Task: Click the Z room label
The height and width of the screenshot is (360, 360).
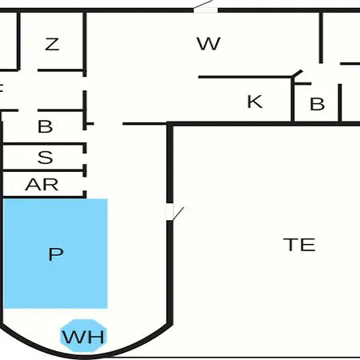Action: point(52,44)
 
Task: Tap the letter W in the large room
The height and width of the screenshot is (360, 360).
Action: point(209,43)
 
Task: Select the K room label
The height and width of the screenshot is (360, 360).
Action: point(255,102)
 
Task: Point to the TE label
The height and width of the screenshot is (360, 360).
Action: point(299,245)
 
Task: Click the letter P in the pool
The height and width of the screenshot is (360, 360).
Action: point(56,254)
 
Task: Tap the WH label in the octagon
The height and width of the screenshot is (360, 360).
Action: point(83,337)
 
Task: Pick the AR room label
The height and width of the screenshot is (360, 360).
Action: point(42,185)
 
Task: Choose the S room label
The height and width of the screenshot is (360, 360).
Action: point(45,158)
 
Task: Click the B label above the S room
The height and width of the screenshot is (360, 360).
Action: point(45,126)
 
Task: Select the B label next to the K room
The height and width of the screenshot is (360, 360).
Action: point(318,104)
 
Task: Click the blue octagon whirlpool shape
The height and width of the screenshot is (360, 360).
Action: point(83,335)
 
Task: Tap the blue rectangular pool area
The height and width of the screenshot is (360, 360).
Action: point(55,254)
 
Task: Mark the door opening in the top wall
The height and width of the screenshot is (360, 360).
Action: point(206,10)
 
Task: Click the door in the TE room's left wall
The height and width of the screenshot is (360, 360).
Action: point(170,212)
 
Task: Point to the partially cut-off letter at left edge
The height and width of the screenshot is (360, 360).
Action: point(1,88)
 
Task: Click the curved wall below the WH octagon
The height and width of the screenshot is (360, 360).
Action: point(86,355)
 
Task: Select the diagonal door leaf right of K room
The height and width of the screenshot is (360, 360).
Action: point(298,74)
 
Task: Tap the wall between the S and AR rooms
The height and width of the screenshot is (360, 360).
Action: point(42,170)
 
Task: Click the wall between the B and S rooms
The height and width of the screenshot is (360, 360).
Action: point(42,144)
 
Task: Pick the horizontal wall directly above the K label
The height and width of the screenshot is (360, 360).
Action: point(246,77)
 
